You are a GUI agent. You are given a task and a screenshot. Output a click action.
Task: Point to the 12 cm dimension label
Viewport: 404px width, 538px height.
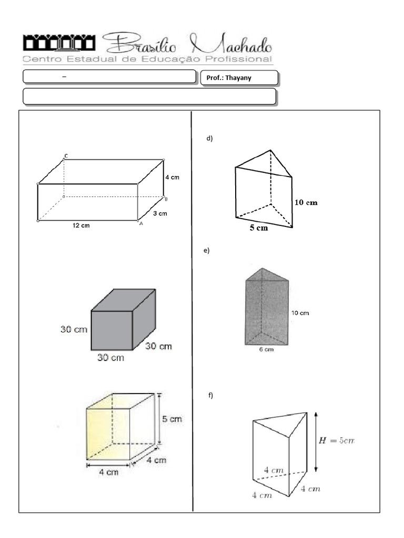tap(82, 226)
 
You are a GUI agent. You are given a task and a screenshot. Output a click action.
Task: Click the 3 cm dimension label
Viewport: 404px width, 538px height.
tap(160, 213)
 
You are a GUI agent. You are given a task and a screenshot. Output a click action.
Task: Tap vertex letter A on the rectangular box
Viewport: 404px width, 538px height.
tap(140, 223)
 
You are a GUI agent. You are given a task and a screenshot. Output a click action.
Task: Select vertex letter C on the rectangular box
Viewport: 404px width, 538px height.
tap(66, 156)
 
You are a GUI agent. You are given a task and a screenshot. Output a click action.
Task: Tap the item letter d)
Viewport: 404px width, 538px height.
tap(209, 139)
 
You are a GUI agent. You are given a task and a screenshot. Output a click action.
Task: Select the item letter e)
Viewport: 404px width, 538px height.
tap(207, 251)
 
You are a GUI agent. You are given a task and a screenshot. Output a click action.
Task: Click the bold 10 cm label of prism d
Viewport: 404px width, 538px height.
tap(306, 202)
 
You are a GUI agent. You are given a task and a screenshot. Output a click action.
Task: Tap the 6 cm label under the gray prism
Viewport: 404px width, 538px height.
tap(267, 349)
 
